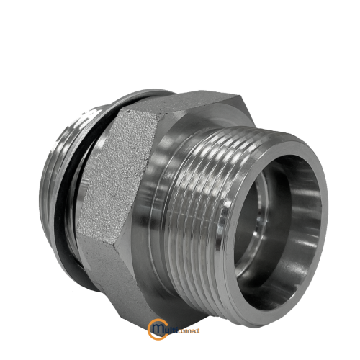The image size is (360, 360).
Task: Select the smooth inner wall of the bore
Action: point(305,216)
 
